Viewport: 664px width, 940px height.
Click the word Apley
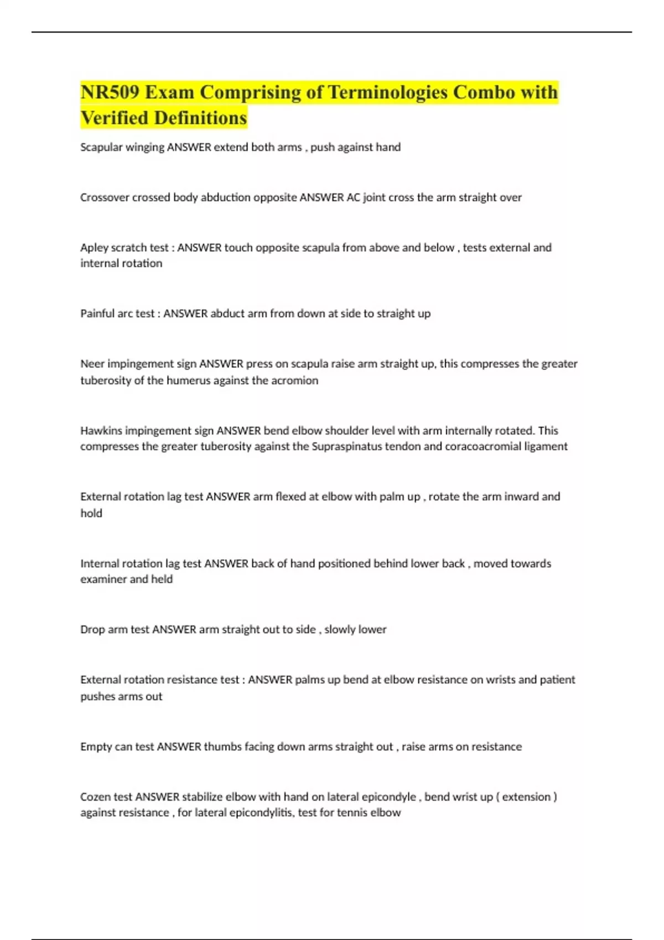coord(94,248)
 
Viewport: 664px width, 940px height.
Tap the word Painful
coord(97,314)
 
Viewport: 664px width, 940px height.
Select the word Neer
coord(92,364)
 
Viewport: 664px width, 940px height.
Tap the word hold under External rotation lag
coord(91,513)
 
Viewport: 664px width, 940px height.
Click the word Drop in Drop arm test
coord(92,629)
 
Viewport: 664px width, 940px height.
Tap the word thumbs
coord(222,746)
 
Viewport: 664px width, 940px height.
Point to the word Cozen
coord(95,797)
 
